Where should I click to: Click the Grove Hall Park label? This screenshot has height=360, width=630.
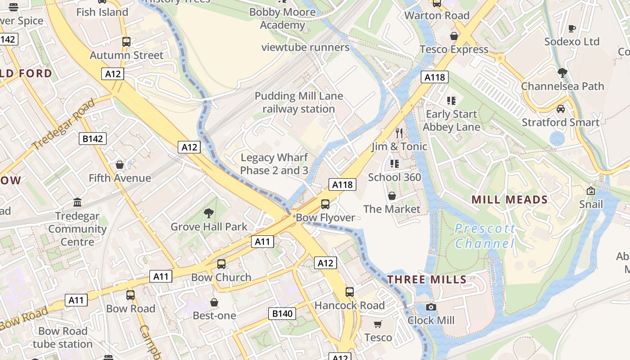pos(209,227)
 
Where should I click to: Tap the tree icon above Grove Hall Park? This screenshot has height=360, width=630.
pos(208,213)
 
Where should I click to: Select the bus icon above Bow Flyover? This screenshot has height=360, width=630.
pos(325,204)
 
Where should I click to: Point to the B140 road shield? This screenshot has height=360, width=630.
pos(283,314)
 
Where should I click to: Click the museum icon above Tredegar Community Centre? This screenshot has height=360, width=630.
pos(77,202)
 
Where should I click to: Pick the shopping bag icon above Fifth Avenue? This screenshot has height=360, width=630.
pos(120,165)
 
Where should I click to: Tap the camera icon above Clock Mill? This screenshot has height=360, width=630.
pos(431,307)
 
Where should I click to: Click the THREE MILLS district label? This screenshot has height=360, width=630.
pos(427,279)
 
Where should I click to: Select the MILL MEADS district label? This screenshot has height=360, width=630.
pos(509,200)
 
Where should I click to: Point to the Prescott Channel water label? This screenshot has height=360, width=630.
pos(485,236)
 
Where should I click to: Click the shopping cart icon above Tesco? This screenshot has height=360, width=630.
pos(378,324)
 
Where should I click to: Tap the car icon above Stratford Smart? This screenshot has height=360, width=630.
pos(560,109)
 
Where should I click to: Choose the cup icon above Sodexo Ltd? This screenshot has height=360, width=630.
pos(572,28)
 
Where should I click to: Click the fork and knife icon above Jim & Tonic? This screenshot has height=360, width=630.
pos(399,133)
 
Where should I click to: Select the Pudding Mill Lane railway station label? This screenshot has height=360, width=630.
pos(299,103)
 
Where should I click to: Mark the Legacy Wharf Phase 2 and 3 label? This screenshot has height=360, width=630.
pos(274,164)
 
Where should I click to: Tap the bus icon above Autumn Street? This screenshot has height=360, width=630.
pos(126,42)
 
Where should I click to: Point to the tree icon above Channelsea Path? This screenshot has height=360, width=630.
pos(562,72)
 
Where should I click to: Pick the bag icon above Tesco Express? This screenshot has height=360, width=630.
pos(454,36)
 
